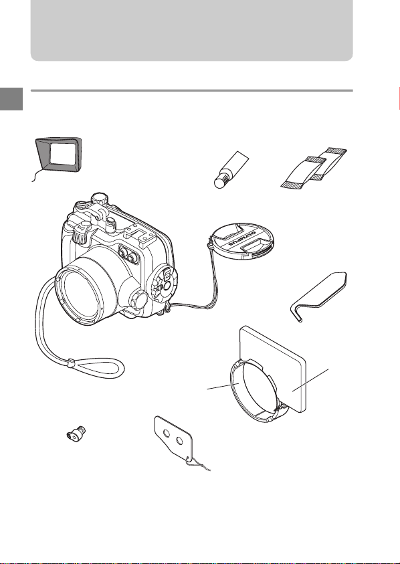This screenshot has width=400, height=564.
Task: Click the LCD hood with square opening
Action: coord(59,155)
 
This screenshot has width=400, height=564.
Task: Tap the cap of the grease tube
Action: coord(220,182)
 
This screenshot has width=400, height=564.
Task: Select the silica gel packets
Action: coord(314,168)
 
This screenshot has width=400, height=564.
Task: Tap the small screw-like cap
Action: coord(76,433)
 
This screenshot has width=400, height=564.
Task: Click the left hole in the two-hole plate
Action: coord(166,434)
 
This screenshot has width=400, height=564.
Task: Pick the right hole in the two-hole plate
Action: coord(179,440)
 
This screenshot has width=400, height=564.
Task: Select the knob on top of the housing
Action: coord(98,198)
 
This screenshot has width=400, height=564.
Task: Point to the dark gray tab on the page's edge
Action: coord(11,99)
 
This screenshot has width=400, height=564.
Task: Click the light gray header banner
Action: coord(192,30)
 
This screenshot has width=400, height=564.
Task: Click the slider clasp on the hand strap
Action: coord(70,362)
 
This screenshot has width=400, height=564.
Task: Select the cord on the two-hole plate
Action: coord(198,464)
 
